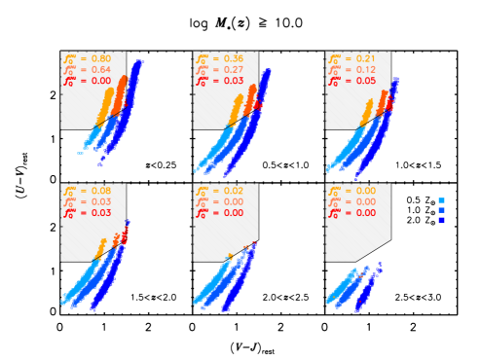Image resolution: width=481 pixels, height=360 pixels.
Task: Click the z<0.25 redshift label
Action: tap(163, 165)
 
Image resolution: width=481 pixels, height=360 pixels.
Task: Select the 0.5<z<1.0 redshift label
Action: tap(288, 165)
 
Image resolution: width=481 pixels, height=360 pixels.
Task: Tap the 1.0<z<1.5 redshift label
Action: tap(420, 165)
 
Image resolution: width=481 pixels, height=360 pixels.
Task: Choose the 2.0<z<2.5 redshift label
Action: tap(288, 297)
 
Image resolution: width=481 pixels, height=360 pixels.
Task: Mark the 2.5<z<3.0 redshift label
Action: tap(420, 297)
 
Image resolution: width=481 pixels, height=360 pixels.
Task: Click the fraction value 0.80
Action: tap(98, 58)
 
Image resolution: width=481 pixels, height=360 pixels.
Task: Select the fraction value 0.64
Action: tap(98, 70)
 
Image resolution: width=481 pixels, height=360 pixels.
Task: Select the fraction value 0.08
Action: tap(98, 190)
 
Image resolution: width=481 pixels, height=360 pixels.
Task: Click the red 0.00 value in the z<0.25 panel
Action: tap(98, 82)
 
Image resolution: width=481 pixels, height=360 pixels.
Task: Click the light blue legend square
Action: tap(441, 200)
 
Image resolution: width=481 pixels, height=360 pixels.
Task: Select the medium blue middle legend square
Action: tap(441, 210)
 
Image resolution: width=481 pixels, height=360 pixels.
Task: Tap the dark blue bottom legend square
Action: tap(441, 220)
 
